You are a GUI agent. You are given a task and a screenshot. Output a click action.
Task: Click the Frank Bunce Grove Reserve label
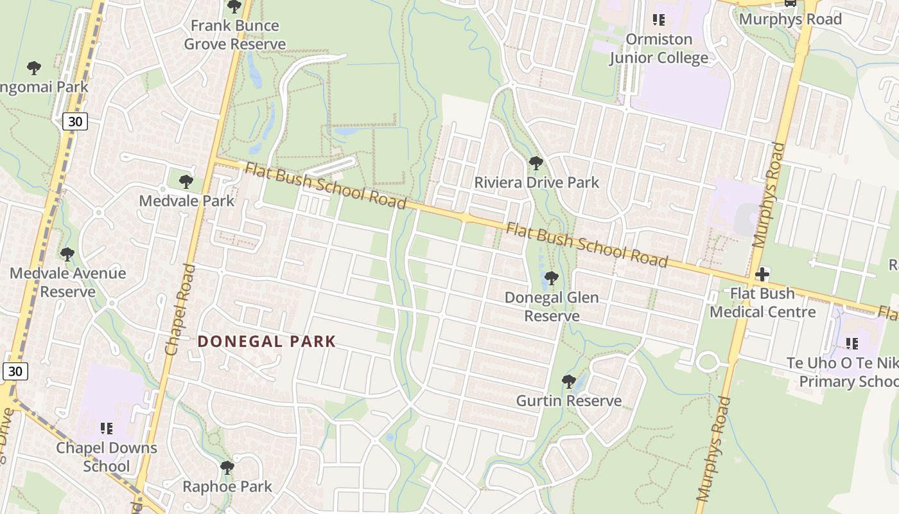(x=235, y=35)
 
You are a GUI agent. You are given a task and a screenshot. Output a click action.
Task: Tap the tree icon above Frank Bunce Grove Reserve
(x=234, y=7)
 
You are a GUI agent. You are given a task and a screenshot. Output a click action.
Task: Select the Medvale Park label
(x=187, y=201)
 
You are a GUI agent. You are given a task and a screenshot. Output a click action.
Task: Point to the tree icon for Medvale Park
(x=186, y=182)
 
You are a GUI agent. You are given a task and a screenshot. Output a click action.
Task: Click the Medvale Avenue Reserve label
(x=67, y=283)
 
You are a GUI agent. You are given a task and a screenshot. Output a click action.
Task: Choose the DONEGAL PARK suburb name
(x=266, y=341)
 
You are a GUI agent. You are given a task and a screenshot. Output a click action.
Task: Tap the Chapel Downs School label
(x=107, y=456)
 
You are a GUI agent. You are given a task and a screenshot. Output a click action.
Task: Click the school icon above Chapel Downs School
(x=107, y=428)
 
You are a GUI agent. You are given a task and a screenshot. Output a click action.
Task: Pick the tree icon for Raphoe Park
(x=227, y=467)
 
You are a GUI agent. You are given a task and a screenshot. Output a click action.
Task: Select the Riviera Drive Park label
(x=536, y=182)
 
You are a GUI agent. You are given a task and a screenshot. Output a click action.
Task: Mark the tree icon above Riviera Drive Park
(x=536, y=163)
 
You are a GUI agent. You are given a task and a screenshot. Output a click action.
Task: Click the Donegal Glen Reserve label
(x=552, y=306)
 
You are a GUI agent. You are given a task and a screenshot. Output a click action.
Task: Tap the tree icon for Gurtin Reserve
(x=568, y=382)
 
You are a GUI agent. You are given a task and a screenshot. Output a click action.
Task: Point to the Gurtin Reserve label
(x=569, y=401)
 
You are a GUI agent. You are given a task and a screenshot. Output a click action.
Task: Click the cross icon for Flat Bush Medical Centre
(x=762, y=274)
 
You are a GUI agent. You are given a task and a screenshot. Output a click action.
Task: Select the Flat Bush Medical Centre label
(x=762, y=303)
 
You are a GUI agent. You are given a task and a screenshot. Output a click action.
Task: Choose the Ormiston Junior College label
(x=659, y=48)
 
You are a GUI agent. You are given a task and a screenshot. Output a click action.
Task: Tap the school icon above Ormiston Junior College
(x=659, y=20)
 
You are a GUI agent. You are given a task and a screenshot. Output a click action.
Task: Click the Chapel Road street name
(x=180, y=309)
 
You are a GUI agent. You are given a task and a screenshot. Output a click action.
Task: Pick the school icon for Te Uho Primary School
(x=851, y=344)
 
